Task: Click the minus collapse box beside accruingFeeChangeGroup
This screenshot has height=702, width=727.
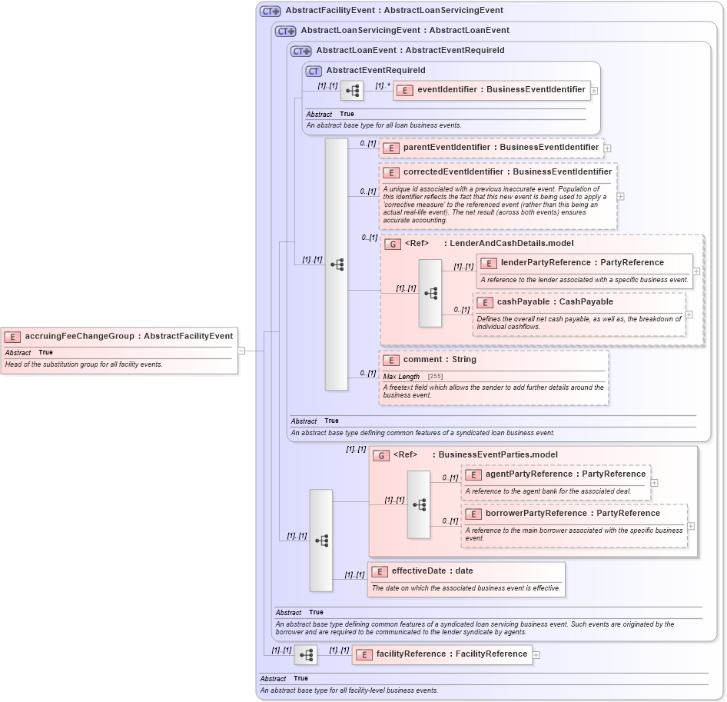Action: coord(241,351)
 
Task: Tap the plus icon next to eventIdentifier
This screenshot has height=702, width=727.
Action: coord(594,91)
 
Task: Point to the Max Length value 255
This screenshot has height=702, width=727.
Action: coord(435,377)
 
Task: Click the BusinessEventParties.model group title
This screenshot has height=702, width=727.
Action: coord(497,455)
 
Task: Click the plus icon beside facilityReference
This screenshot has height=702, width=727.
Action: coord(536,655)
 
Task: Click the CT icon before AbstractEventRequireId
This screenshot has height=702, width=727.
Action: coord(314,71)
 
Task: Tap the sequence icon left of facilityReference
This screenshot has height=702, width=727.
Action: coord(306,655)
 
